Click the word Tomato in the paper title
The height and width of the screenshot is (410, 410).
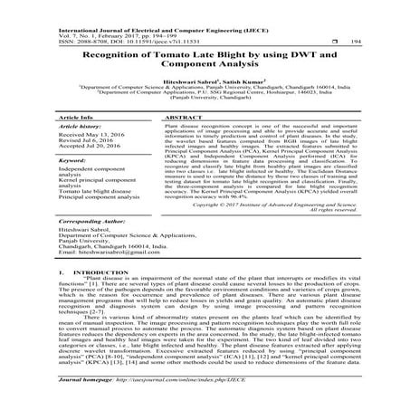pyautogui.click(x=148, y=54)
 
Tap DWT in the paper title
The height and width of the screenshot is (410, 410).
pyautogui.click(x=293, y=54)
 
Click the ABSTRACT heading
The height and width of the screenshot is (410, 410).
pyautogui.click(x=186, y=118)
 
